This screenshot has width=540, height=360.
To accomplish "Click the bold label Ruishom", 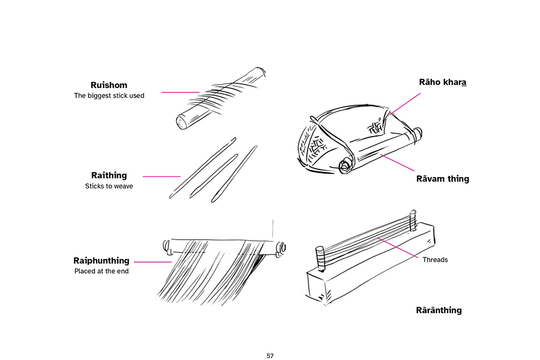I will (x=109, y=85).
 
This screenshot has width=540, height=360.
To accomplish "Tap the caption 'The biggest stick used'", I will (x=109, y=96).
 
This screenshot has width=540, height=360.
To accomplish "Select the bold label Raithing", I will (x=109, y=175).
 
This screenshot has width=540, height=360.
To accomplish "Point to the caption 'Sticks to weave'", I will (x=109, y=186).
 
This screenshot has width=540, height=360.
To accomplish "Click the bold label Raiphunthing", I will (x=102, y=261).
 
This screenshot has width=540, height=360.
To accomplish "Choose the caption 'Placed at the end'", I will (x=102, y=271).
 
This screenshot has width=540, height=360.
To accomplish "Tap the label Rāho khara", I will (x=442, y=83).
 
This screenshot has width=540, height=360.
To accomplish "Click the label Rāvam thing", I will (x=442, y=179).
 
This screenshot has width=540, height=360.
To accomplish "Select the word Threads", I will (x=435, y=260).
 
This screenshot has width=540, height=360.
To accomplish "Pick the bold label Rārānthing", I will (x=438, y=310).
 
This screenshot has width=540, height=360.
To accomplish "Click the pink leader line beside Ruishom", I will (x=180, y=92).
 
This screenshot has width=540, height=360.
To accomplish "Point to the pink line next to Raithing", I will (x=161, y=176).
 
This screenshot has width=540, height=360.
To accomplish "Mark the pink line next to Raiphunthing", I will (x=152, y=262).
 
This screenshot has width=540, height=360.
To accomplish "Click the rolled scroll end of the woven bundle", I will (x=344, y=165).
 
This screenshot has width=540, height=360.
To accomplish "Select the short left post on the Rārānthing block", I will (x=319, y=256).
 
